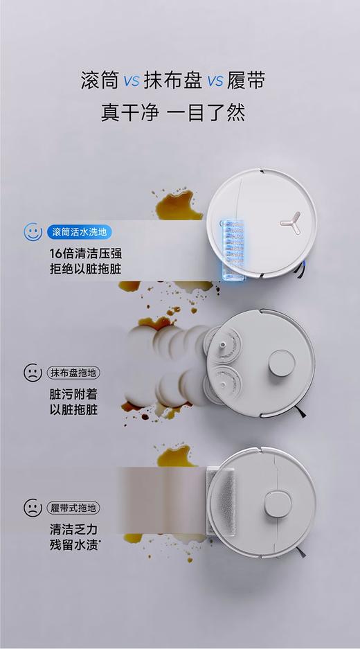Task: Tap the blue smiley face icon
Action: (x=33, y=232)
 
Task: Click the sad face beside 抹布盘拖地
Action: (x=33, y=373)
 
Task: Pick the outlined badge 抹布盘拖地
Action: (x=73, y=373)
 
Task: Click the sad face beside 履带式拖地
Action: (x=33, y=507)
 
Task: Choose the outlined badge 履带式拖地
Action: (x=73, y=507)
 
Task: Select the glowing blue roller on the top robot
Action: (x=231, y=249)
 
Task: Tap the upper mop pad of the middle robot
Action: (x=223, y=343)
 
